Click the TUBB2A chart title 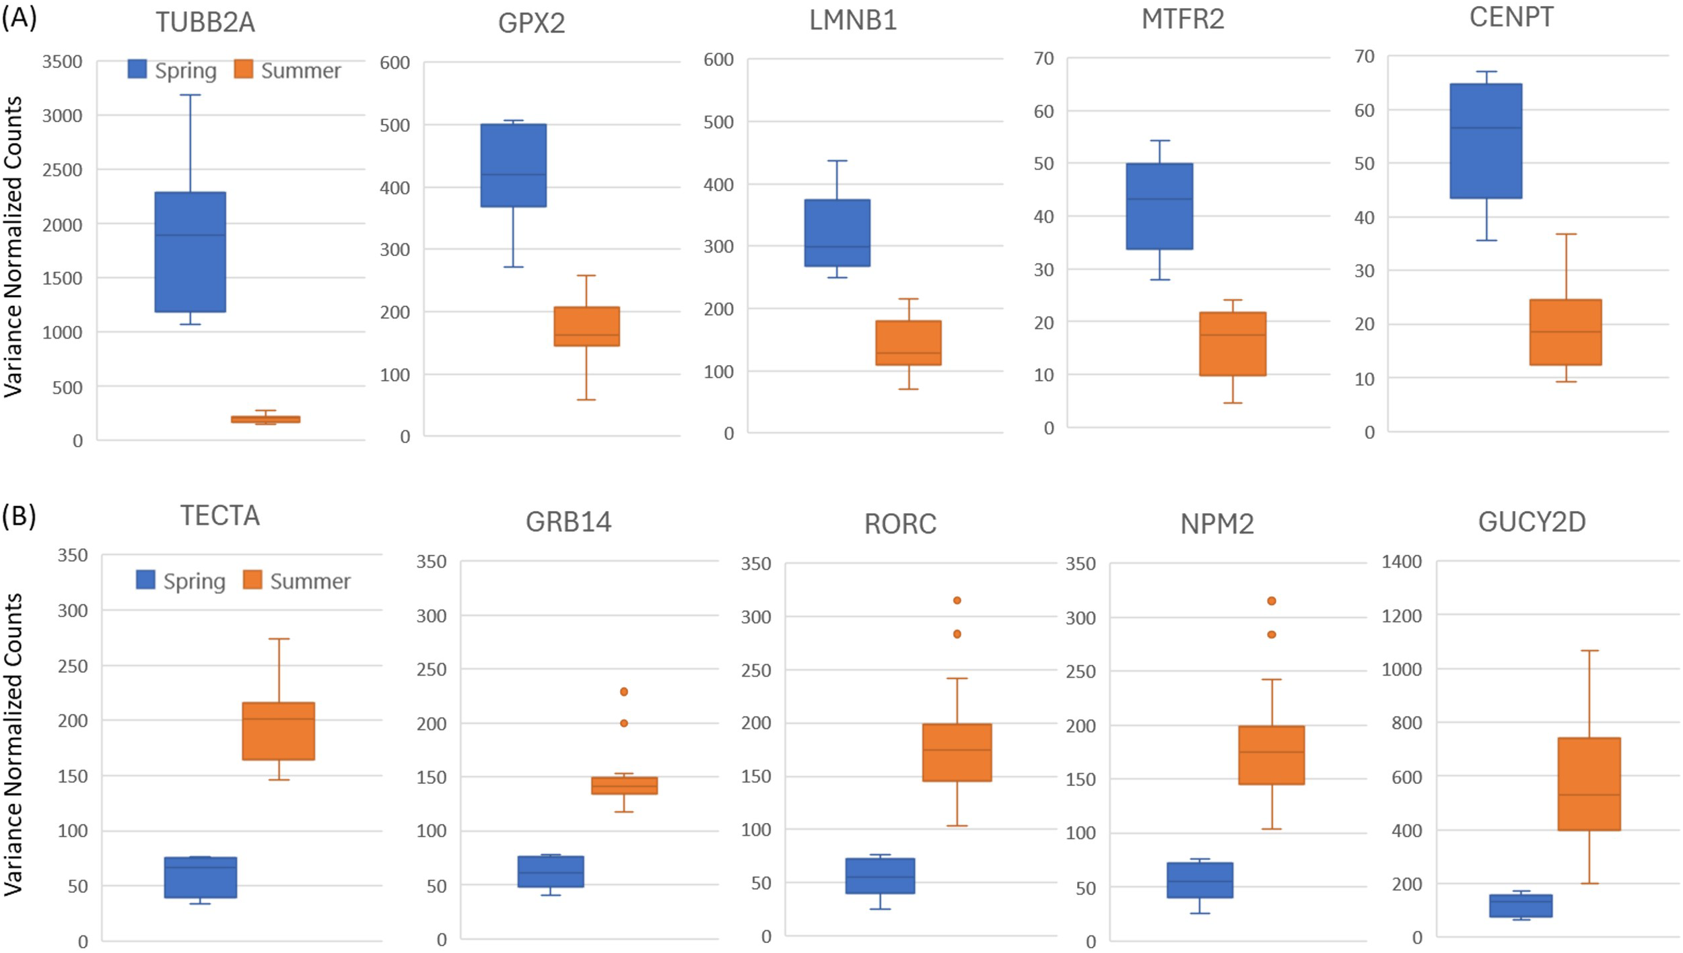[x=205, y=22]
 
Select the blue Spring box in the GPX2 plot [x=513, y=165]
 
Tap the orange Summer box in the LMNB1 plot [x=908, y=343]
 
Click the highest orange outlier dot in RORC [x=957, y=600]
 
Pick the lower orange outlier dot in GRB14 [x=624, y=723]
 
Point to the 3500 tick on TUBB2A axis [x=62, y=62]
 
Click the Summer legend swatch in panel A [x=244, y=69]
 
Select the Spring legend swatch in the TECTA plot [x=145, y=580]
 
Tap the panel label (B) [x=18, y=516]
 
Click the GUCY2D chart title [x=1532, y=523]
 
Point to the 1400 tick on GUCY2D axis [x=1402, y=562]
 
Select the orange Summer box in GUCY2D [x=1589, y=784]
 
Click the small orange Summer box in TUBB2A [x=265, y=419]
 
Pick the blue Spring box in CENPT [x=1486, y=141]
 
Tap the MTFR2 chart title [x=1183, y=19]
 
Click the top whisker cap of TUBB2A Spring [x=190, y=95]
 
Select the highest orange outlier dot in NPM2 [x=1272, y=601]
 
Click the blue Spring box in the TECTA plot [x=201, y=877]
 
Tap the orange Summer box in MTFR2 [x=1233, y=343]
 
